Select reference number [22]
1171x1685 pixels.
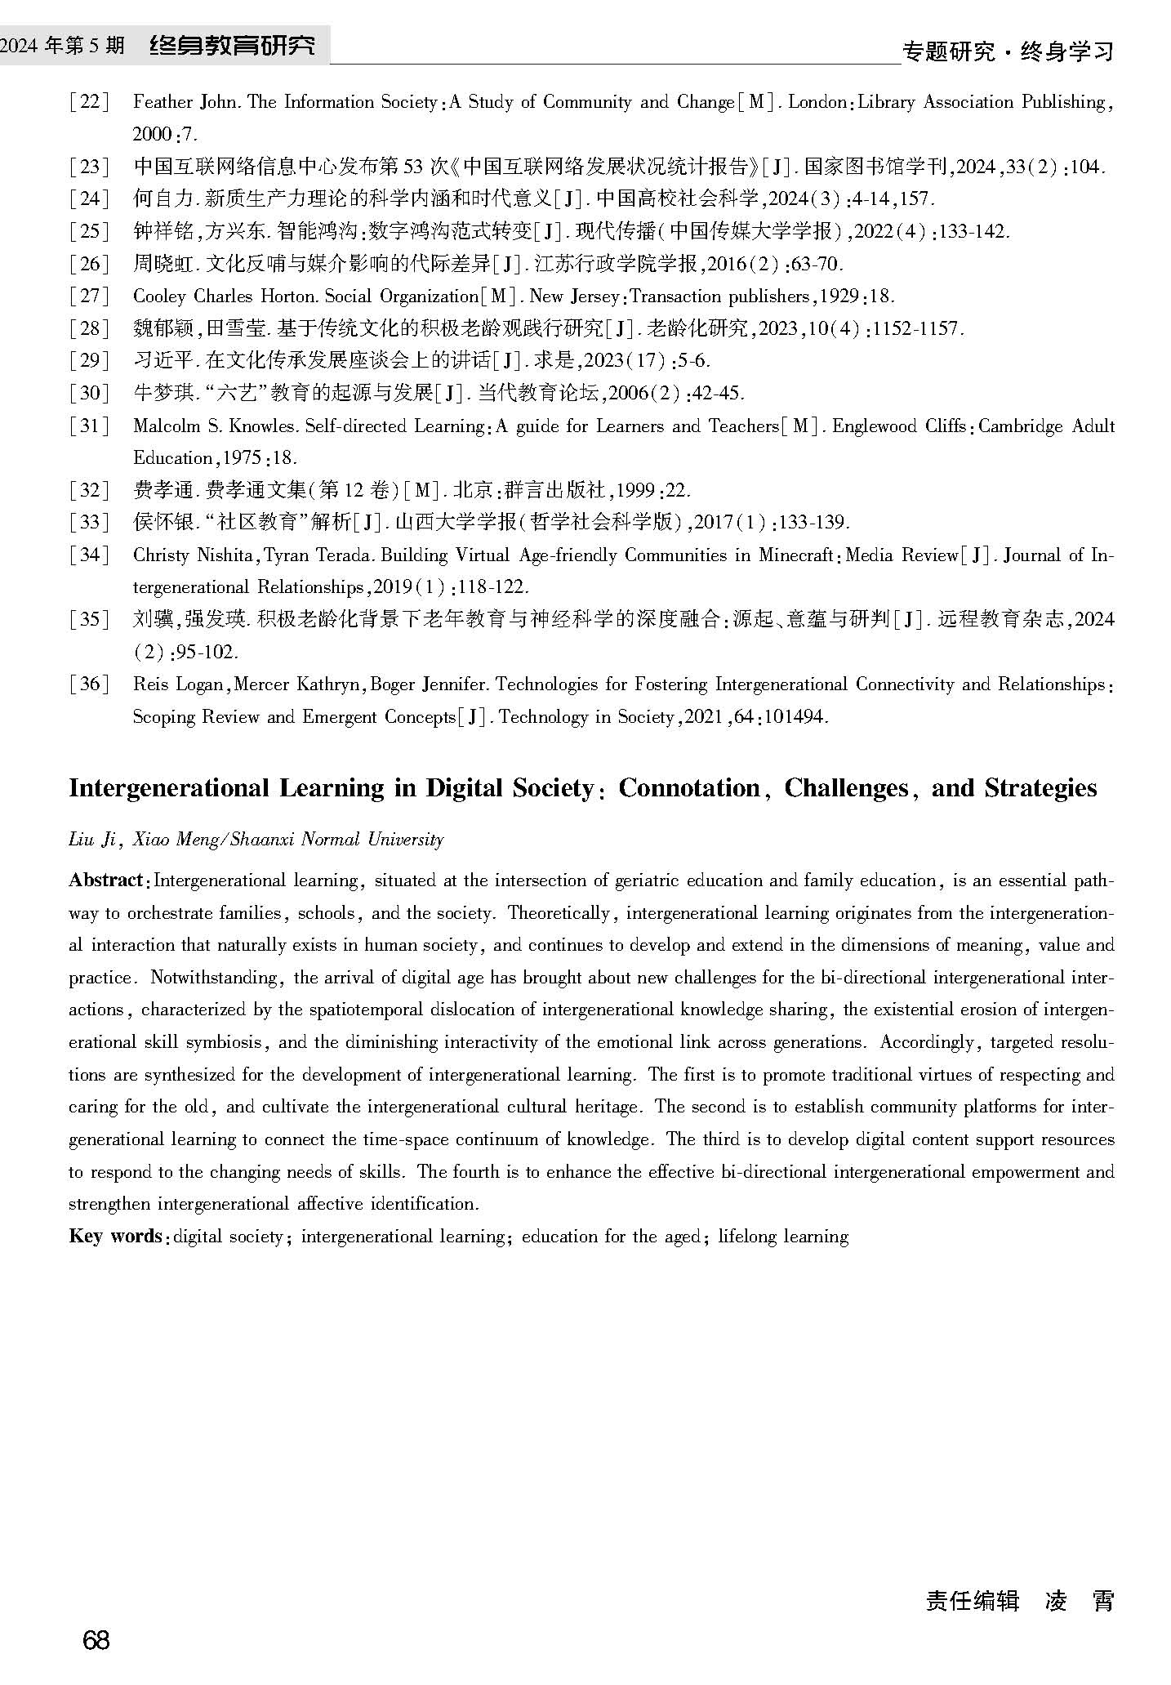[89, 102]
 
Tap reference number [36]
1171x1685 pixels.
[89, 684]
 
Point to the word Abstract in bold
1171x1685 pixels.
[105, 880]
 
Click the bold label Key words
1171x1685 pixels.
[114, 1236]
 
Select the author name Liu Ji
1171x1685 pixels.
[94, 840]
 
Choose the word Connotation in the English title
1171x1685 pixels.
[689, 788]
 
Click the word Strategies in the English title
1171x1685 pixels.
[1040, 788]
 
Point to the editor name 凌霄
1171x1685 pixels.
[1079, 1600]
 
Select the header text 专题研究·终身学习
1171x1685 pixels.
[1008, 52]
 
